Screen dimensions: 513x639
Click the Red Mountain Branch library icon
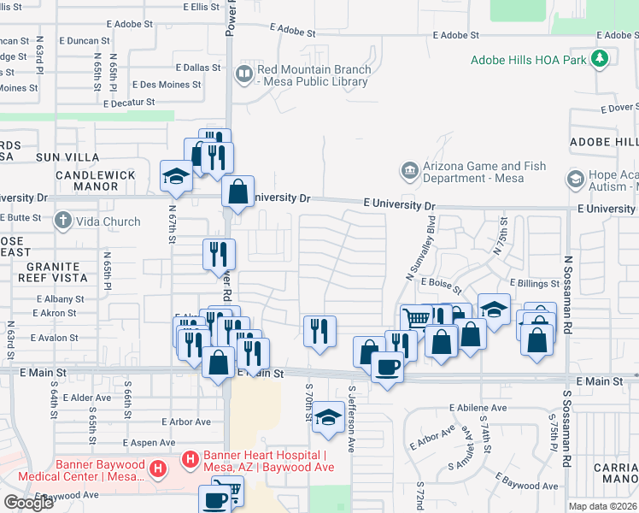click(246, 75)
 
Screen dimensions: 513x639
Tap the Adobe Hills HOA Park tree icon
click(601, 58)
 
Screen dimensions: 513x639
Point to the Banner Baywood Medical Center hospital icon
click(157, 469)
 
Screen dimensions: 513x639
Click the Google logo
click(28, 502)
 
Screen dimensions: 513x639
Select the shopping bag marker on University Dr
click(237, 192)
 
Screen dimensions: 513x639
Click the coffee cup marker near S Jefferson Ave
click(387, 366)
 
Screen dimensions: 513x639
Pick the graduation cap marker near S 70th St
click(326, 417)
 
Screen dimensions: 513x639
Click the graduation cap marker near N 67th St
click(177, 177)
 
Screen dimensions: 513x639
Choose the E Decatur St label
click(128, 102)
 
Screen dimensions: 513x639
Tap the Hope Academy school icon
click(575, 180)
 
